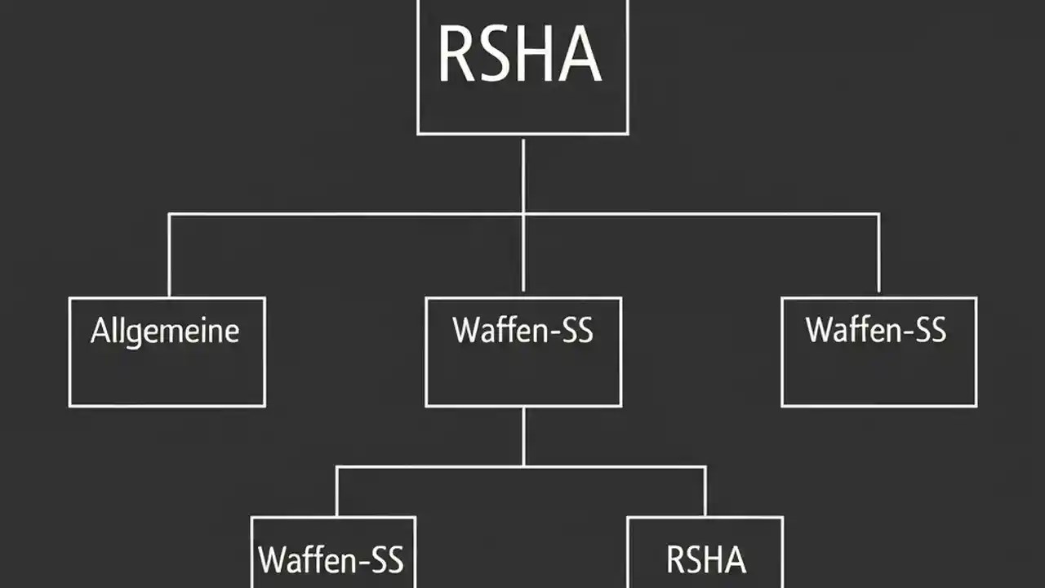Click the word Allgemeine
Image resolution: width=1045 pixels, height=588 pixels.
point(165,332)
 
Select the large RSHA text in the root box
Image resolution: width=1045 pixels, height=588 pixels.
point(520,56)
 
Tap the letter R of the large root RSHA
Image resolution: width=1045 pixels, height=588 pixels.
point(455,56)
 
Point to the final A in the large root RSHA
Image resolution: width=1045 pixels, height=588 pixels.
point(581,56)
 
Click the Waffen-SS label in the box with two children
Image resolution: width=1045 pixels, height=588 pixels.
point(523,331)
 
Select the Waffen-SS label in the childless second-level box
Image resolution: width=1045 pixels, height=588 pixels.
point(876,330)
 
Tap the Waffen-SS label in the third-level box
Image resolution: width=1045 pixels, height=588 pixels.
point(331,560)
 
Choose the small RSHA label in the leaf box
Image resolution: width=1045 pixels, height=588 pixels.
point(705,560)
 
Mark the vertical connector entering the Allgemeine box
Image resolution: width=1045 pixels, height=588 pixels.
point(169,255)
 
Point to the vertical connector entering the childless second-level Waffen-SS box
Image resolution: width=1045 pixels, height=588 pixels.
point(878,255)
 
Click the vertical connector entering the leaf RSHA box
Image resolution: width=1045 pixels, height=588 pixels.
point(705,492)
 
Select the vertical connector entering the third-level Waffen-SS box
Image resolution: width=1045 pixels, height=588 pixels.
point(336,492)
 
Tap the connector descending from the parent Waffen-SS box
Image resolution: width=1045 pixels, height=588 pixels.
point(523,436)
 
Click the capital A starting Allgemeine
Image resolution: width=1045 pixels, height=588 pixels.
point(99,332)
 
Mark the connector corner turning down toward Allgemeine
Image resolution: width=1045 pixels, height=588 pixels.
point(169,215)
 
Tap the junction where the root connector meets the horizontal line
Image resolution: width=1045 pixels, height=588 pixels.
point(523,215)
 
